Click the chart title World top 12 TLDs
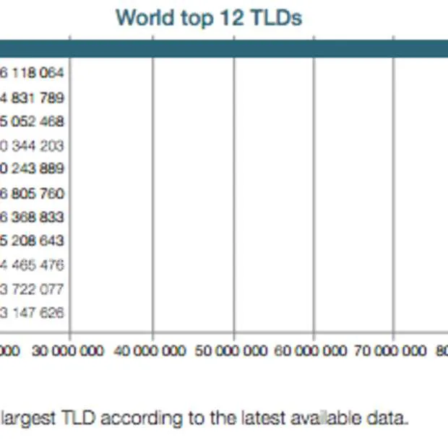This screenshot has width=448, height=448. pyautogui.click(x=209, y=17)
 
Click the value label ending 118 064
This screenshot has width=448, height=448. pyautogui.click(x=33, y=73)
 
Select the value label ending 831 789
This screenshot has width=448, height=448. pyautogui.click(x=33, y=98)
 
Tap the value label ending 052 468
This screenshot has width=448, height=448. pyautogui.click(x=33, y=121)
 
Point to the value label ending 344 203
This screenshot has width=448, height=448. pyautogui.click(x=33, y=146)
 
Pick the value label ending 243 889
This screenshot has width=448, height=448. pyautogui.click(x=33, y=168)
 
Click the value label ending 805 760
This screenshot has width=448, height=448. pyautogui.click(x=33, y=194)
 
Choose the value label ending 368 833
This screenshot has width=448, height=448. pyautogui.click(x=33, y=217)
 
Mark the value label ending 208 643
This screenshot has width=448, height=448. pyautogui.click(x=33, y=241)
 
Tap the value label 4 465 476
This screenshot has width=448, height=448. pyautogui.click(x=33, y=265)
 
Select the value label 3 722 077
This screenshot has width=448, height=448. pyautogui.click(x=33, y=290)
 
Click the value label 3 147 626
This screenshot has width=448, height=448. pyautogui.click(x=33, y=313)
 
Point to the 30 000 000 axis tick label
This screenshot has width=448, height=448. pyautogui.click(x=69, y=351)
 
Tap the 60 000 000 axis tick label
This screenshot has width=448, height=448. pyautogui.click(x=311, y=351)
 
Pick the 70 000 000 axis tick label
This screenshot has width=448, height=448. pyautogui.click(x=392, y=351)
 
